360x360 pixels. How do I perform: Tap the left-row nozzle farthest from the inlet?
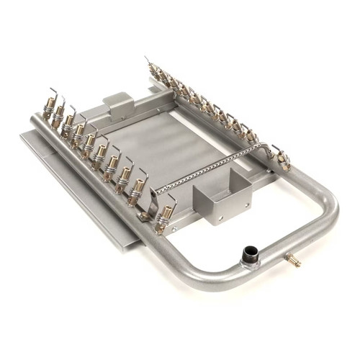tap(49, 108)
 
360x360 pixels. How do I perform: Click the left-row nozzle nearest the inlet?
tap(165, 215)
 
